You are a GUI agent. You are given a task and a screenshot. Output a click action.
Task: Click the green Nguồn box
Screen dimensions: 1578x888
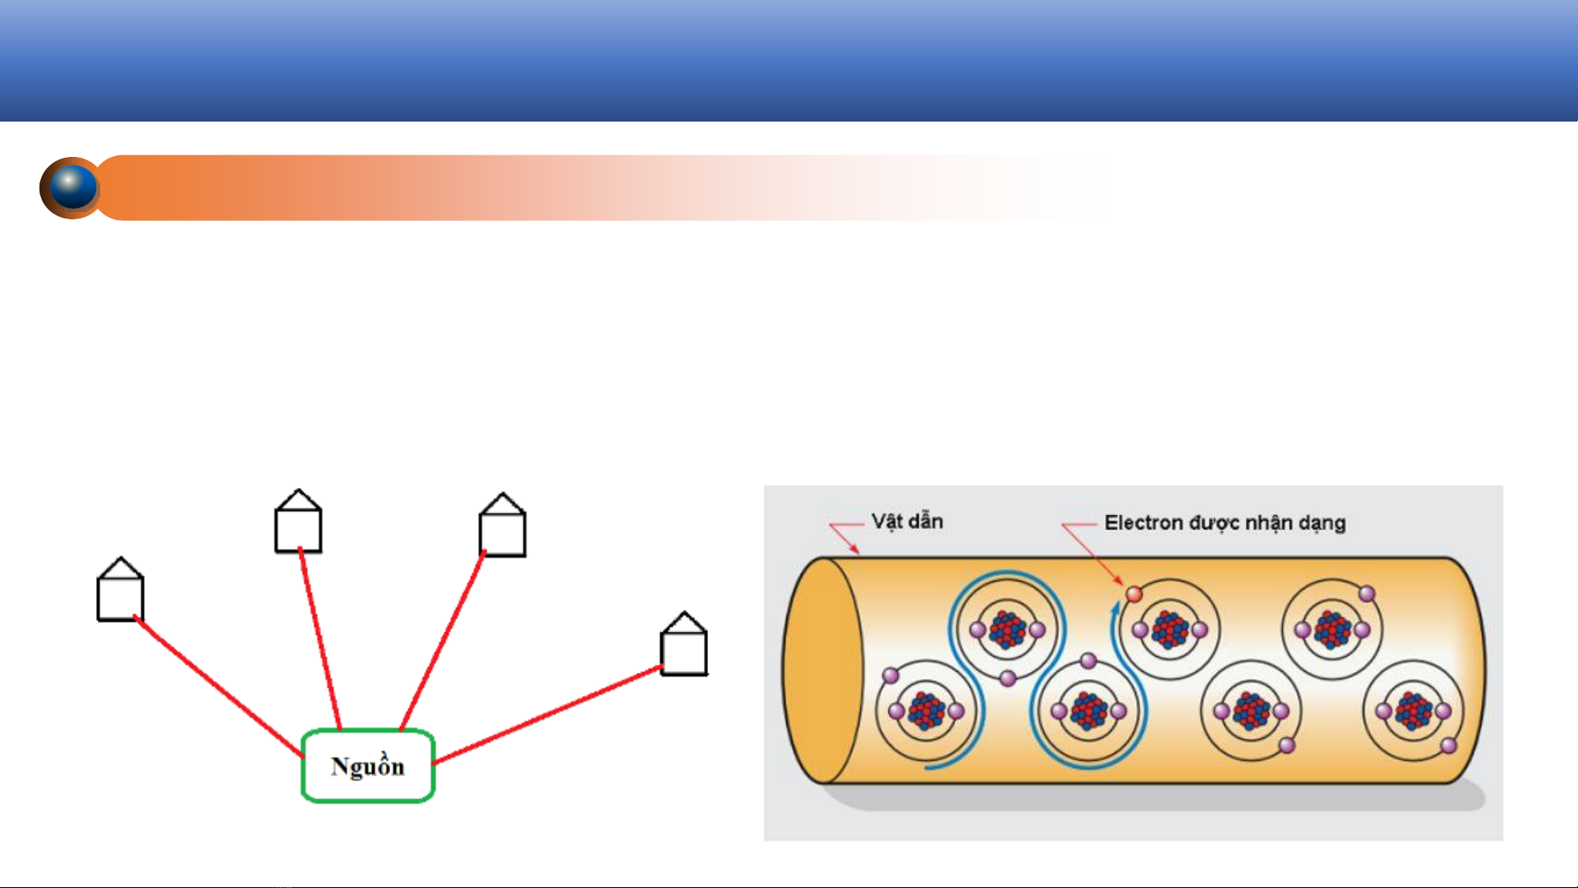coord(368,766)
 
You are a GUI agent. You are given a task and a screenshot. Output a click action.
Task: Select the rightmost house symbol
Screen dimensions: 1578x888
coord(684,644)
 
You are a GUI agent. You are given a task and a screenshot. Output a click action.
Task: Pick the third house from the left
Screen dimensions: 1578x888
coord(503,525)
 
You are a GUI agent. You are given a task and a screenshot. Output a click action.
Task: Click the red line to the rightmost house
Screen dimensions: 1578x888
coord(548,715)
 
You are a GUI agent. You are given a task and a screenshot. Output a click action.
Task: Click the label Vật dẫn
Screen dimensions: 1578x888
coord(907,522)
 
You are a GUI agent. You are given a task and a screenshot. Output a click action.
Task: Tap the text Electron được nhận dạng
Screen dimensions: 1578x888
coord(1225,523)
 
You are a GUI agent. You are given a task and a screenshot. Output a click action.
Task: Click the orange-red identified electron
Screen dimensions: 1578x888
coord(1134,594)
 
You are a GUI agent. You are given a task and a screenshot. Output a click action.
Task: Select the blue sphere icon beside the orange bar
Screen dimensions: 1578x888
coord(71,188)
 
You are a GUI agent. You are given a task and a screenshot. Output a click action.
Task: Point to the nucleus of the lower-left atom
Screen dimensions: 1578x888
coord(927,711)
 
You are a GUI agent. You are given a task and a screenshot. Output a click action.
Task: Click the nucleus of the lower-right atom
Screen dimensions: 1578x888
coord(1414,711)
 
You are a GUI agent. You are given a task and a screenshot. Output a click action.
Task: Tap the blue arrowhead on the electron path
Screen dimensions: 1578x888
coord(1116,607)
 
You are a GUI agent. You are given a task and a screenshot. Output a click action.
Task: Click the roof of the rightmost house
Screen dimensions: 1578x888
coord(684,622)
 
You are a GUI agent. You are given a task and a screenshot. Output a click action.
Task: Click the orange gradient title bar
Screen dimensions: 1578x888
coord(604,188)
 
